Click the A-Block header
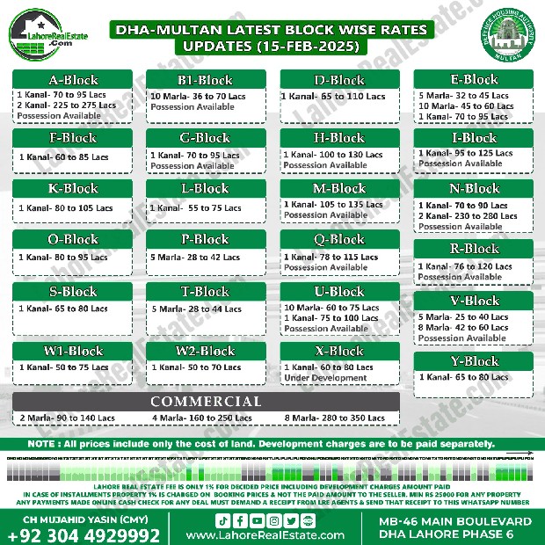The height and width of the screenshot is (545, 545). pyautogui.click(x=73, y=79)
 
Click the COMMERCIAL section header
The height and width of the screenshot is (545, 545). pyautogui.click(x=205, y=401)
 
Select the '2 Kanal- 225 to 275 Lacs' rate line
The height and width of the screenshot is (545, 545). pyautogui.click(x=66, y=105)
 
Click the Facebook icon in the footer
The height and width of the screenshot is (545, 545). pyautogui.click(x=241, y=520)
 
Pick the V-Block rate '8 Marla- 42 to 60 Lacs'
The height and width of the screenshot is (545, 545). pyautogui.click(x=463, y=328)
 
